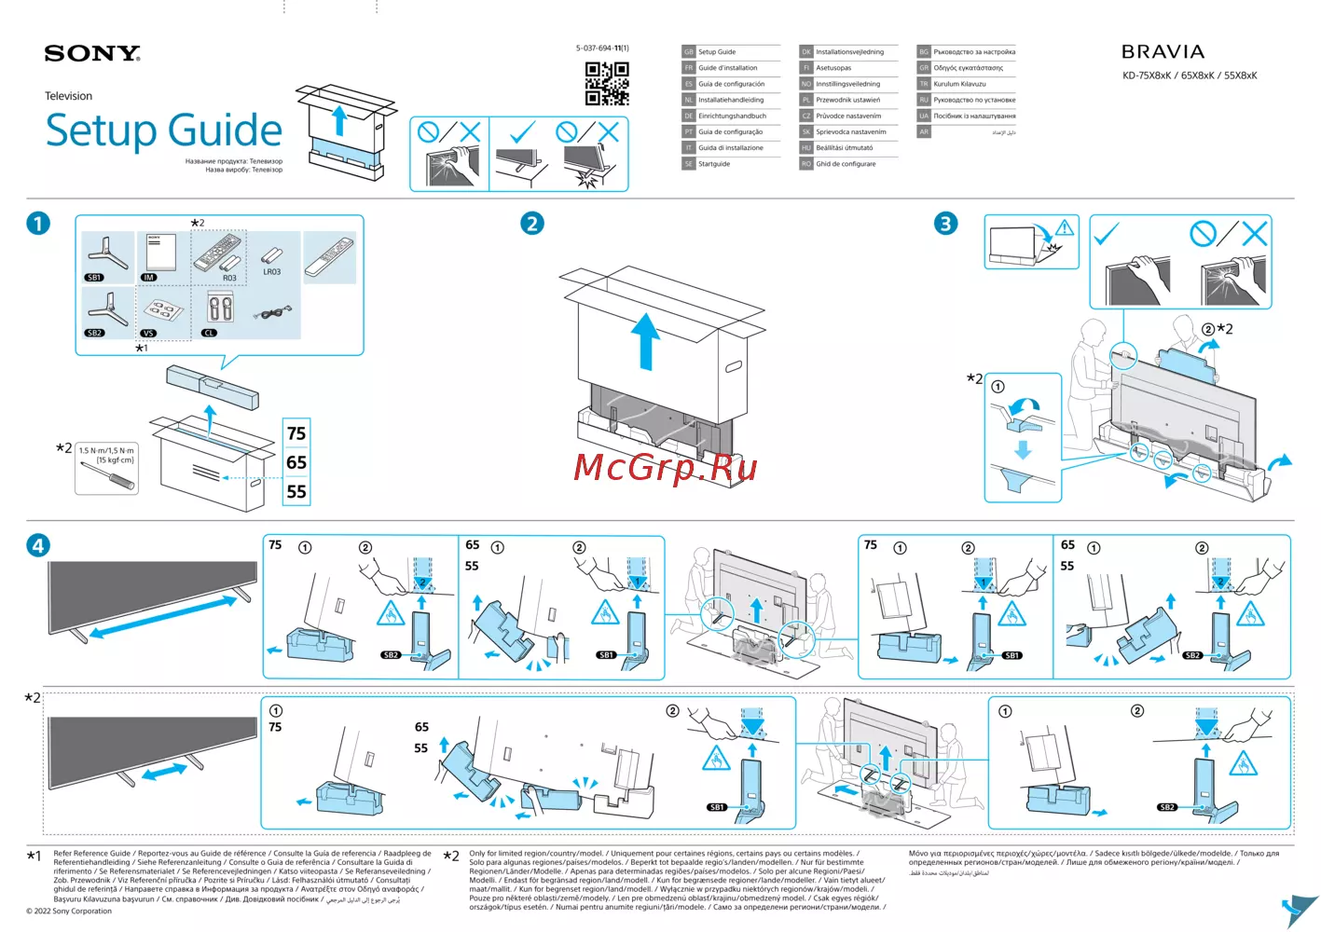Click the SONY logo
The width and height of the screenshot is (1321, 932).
(x=92, y=54)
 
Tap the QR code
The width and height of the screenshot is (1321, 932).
(x=607, y=83)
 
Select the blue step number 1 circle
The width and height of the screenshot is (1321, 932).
(x=38, y=224)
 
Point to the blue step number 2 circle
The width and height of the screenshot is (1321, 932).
(x=532, y=224)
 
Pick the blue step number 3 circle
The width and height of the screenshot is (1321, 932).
(x=945, y=224)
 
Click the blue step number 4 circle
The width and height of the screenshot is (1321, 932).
(x=38, y=545)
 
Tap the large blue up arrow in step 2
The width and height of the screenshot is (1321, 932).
(x=645, y=340)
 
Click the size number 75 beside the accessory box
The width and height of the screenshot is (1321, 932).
(x=296, y=433)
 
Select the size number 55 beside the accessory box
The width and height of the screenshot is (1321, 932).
(x=296, y=491)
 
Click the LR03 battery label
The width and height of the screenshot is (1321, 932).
(x=271, y=272)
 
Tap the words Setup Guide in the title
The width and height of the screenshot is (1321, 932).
(x=164, y=130)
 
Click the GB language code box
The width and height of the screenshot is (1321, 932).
(x=689, y=52)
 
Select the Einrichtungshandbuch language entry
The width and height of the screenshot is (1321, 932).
(x=732, y=116)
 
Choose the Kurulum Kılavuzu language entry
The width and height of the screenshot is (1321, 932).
(x=959, y=84)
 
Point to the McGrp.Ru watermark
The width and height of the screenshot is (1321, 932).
(x=665, y=467)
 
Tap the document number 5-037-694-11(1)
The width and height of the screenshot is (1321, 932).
(x=602, y=48)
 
